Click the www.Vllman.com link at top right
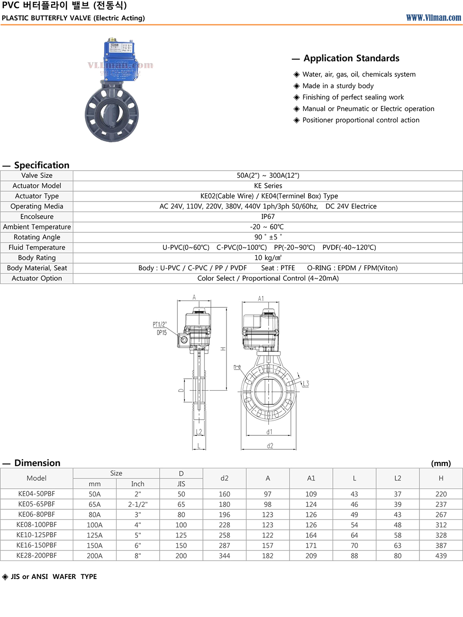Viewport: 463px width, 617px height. [433, 18]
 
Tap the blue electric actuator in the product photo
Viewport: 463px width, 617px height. [120, 60]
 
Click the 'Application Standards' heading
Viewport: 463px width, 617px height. [351, 58]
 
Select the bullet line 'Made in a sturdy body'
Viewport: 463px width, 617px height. [338, 86]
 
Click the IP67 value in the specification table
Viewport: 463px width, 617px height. [268, 217]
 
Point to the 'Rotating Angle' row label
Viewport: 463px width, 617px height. [37, 237]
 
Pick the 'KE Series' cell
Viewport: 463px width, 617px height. [268, 186]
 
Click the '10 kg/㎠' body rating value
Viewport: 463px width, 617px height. [268, 258]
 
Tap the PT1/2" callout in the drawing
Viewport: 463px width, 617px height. [160, 324]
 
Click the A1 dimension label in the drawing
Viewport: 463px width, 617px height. [261, 298]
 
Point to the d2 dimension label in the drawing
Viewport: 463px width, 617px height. [270, 446]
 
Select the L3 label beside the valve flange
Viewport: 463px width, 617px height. [305, 384]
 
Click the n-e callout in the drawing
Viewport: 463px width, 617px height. [237, 367]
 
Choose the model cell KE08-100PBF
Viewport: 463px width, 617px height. [36, 525]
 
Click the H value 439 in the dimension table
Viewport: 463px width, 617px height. [441, 556]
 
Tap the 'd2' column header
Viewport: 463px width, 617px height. [224, 479]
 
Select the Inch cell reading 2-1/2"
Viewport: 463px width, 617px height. [137, 505]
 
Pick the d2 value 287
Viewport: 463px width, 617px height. [224, 545]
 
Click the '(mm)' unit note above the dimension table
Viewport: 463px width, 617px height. [441, 463]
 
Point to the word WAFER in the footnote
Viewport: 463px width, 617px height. [64, 577]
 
